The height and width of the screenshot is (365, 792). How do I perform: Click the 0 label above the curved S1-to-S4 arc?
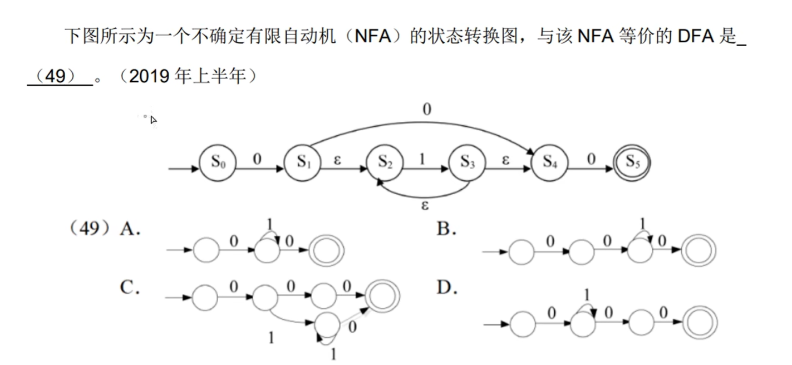426,110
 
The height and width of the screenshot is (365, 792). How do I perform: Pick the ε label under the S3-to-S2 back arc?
425,206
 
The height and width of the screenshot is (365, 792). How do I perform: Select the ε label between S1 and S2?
338,159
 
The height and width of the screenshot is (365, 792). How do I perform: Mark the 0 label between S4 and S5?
591,159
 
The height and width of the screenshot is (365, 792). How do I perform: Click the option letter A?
130,229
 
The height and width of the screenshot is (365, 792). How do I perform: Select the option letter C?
129,288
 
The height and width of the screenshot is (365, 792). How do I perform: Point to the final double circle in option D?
700,323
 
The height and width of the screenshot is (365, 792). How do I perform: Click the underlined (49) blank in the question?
60,77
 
